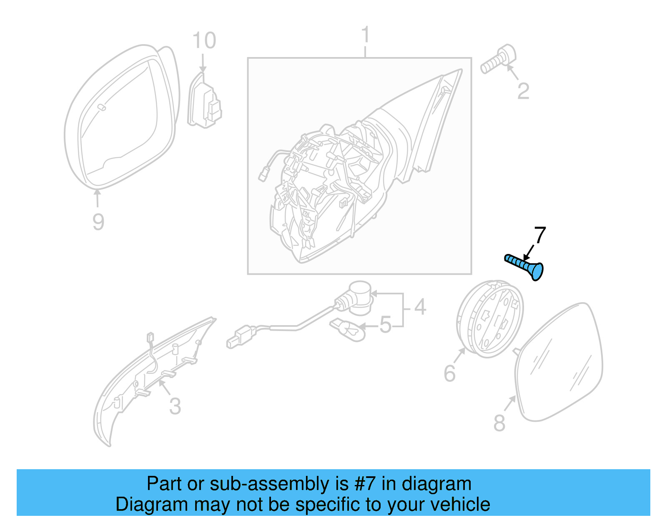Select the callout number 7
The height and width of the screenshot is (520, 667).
540,236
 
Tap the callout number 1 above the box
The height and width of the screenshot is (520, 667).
365,35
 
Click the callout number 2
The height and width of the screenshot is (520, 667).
523,91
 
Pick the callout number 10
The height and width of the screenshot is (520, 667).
204,41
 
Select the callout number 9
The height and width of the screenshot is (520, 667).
98,221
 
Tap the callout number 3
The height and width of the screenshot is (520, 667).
175,406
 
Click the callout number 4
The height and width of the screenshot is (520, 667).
420,307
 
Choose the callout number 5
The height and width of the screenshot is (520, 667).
386,325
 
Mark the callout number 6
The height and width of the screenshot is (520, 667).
449,373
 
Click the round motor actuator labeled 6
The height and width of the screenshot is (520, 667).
490,319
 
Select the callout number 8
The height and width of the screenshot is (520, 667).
499,423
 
